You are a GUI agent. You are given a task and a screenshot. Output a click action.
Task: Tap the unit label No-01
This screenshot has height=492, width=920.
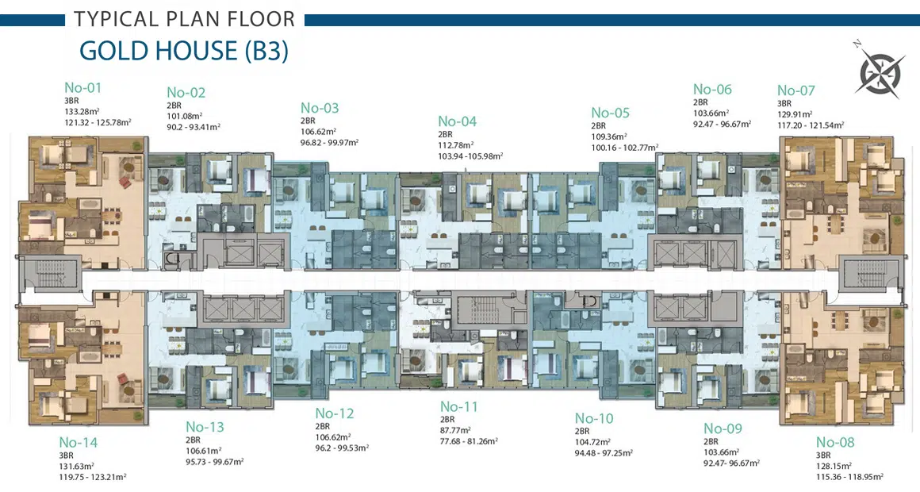pos(82,87)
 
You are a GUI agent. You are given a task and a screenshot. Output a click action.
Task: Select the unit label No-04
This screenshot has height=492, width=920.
pos(457,121)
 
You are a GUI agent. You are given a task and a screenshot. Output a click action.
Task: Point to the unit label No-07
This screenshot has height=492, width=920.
pos(796,90)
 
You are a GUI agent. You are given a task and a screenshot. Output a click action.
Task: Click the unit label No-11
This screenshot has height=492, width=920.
pos(459,406)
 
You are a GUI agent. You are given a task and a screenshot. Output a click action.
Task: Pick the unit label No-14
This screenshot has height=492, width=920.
pos(78,442)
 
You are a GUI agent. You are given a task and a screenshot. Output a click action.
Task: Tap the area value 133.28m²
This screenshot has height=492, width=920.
pos(82,112)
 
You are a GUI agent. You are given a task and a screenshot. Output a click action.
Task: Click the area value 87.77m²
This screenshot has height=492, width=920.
pos(455,430)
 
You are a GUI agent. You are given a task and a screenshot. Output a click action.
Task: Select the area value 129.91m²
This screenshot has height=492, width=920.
pos(795,114)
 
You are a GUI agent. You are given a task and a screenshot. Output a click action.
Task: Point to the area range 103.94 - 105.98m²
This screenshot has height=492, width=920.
pos(470,156)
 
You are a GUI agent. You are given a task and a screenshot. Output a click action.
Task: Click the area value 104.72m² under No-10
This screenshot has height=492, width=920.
pos(592,442)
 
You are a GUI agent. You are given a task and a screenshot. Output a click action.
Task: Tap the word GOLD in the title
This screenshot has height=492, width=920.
pos(116,51)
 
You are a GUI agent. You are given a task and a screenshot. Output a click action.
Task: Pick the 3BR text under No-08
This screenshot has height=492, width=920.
pos(823,455)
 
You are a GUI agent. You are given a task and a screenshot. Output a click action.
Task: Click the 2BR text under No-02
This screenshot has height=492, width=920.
pos(174,106)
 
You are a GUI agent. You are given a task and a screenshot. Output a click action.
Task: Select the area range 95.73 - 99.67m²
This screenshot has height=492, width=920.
pos(215,462)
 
